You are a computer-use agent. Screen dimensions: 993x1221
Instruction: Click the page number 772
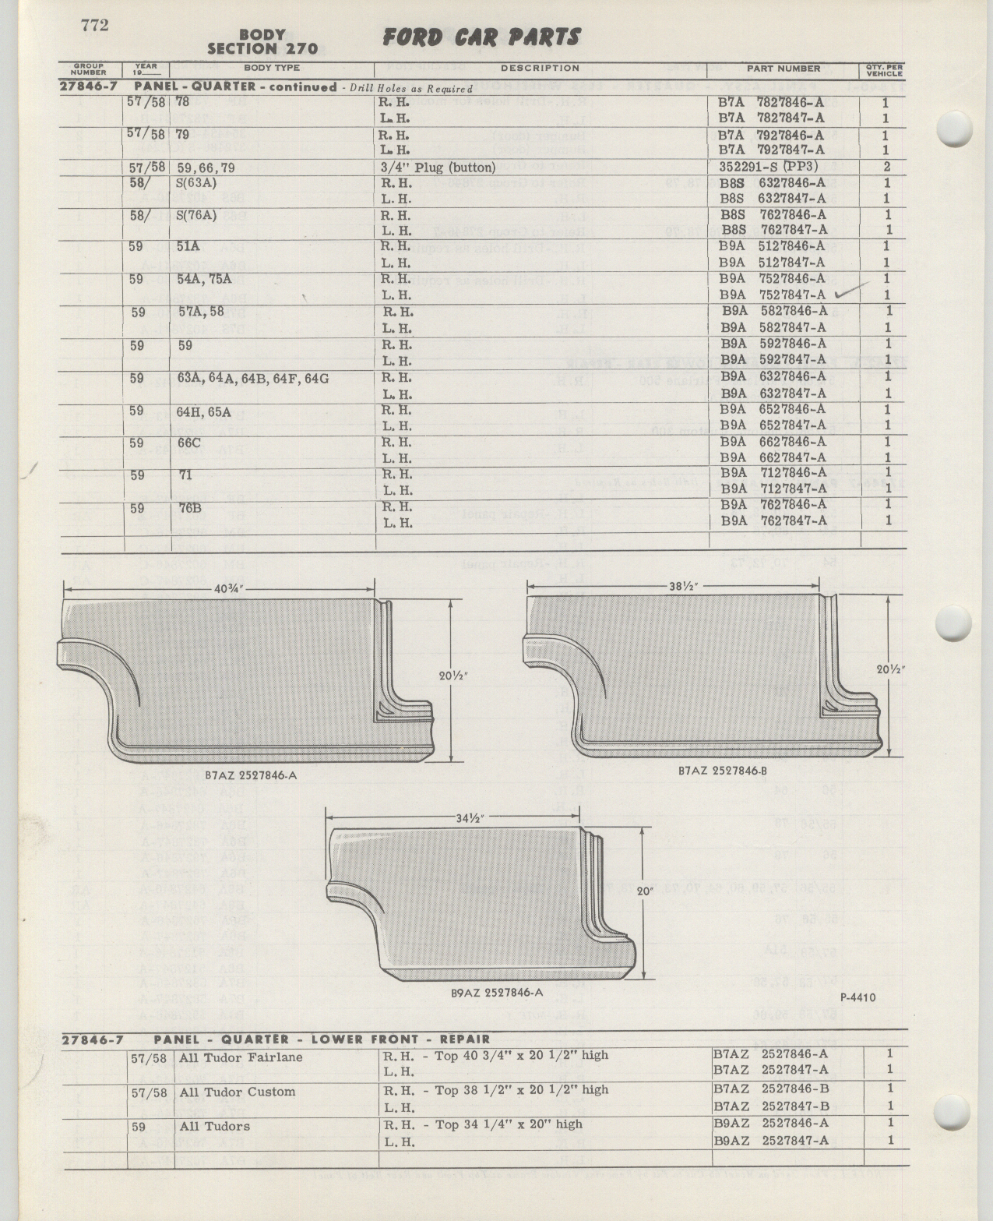tap(94, 25)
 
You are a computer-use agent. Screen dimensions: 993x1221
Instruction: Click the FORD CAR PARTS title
tap(481, 38)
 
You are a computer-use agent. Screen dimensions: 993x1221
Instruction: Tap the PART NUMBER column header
tap(783, 69)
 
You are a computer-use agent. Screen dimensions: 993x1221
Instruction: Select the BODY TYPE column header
tap(272, 68)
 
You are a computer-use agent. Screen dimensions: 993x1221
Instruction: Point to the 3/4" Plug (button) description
tap(438, 168)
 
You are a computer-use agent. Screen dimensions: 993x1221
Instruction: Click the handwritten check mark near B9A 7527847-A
tap(852, 289)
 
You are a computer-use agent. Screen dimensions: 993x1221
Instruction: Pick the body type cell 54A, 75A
tap(205, 279)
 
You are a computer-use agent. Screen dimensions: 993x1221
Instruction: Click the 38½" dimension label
tap(681, 586)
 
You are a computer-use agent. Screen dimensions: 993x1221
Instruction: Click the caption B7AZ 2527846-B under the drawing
tap(722, 771)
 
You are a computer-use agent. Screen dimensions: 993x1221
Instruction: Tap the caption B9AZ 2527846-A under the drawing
tap(497, 993)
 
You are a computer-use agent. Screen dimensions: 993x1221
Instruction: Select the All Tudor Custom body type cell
tap(238, 1092)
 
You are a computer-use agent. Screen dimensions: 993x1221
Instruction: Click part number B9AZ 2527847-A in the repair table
tap(771, 1141)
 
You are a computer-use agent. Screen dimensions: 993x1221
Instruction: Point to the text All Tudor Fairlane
tap(241, 1057)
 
